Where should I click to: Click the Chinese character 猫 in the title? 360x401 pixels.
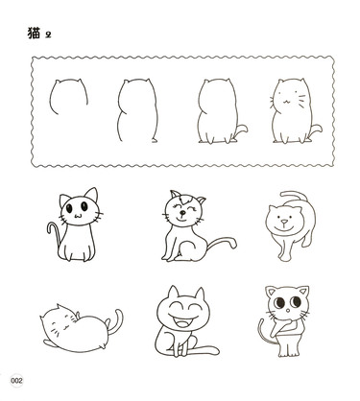[x=34, y=34]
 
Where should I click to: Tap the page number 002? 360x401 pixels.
[x=16, y=381]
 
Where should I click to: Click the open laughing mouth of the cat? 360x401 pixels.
[x=183, y=320]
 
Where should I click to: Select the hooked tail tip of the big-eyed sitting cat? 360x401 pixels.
[x=51, y=226]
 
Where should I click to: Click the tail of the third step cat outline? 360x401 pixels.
[x=242, y=130]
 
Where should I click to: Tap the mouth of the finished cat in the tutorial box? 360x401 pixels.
[x=286, y=102]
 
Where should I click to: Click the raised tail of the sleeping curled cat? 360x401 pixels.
[x=116, y=321]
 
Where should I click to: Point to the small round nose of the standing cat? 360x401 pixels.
[x=288, y=311]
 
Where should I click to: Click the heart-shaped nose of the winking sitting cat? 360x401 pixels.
[x=181, y=213]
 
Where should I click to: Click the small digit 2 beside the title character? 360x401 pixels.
[x=48, y=35]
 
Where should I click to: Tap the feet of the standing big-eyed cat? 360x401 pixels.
[x=289, y=353]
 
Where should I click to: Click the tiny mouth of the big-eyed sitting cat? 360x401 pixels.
[x=78, y=216]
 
